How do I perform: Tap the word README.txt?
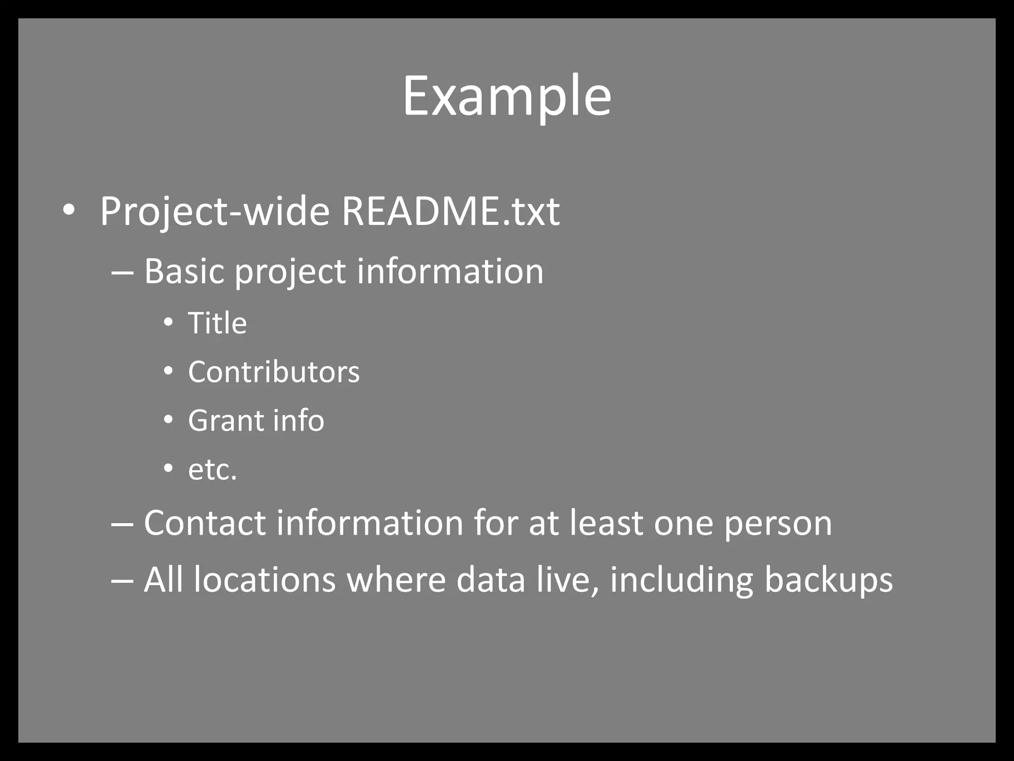pos(451,212)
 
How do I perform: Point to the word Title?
pos(217,323)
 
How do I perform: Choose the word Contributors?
pos(274,372)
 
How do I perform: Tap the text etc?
pos(212,470)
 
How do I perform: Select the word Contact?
pos(204,523)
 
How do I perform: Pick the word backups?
pos(828,580)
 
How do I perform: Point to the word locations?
pos(265,580)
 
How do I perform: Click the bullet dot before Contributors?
pos(168,372)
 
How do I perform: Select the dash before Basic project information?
pos(122,272)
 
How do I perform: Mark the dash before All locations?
pos(122,581)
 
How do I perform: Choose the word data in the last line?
pos(491,580)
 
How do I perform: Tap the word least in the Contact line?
pos(606,523)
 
